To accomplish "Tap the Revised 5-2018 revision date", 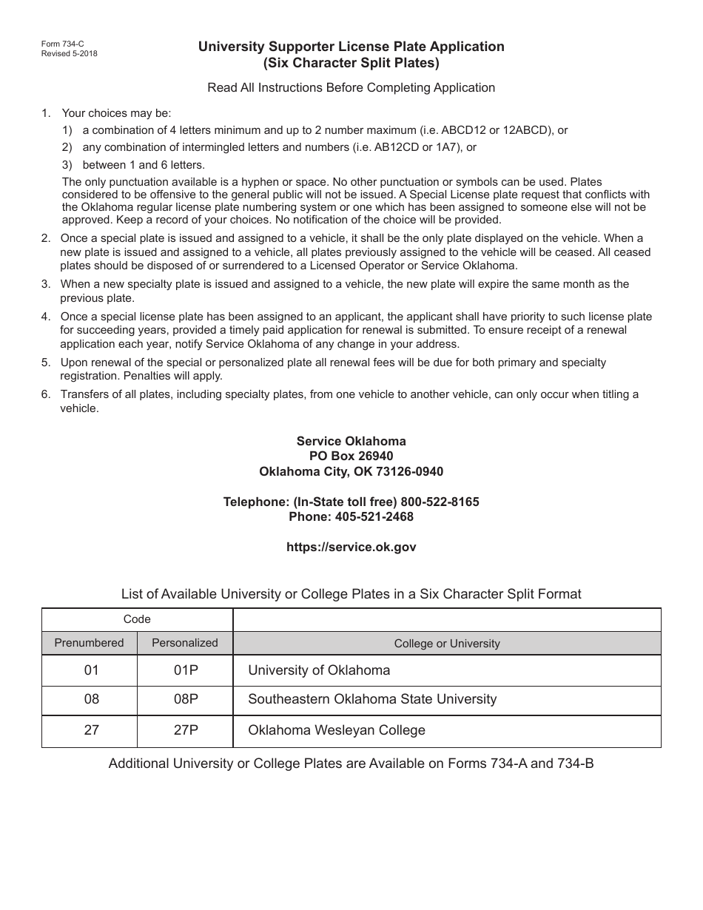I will (70, 53).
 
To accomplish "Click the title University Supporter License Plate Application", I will (351, 47).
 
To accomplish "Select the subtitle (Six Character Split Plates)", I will (351, 63).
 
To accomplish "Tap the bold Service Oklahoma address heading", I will (351, 441).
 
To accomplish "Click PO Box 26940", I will (351, 456).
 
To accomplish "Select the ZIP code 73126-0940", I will (408, 471).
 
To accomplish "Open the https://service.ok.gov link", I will (351, 547).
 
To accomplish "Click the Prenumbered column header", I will (89, 643).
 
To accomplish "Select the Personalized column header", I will (185, 643).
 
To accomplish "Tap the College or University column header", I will (447, 644).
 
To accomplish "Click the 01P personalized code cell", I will (185, 670).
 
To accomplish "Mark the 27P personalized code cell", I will (185, 730).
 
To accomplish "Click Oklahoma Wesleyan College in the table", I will (337, 730).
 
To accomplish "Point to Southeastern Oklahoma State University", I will (372, 699).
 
